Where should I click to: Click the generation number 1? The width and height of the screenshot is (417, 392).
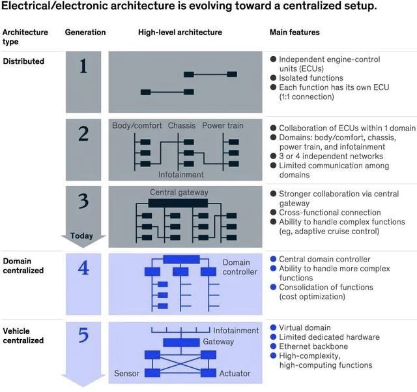pyautogui.click(x=83, y=67)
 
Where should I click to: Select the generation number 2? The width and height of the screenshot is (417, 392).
pyautogui.click(x=83, y=134)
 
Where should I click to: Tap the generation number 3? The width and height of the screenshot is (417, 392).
pyautogui.click(x=83, y=200)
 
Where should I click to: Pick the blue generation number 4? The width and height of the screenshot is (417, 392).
pyautogui.click(x=83, y=268)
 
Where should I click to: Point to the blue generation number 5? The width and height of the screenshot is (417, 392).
pyautogui.click(x=83, y=335)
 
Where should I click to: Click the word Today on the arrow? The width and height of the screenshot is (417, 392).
pyautogui.click(x=81, y=236)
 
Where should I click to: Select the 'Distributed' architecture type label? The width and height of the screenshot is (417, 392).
pyautogui.click(x=23, y=61)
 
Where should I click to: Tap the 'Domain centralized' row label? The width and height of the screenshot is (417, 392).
pyautogui.click(x=23, y=265)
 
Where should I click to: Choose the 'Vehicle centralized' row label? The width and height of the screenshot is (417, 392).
pyautogui.click(x=23, y=335)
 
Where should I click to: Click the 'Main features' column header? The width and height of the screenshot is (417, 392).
pyautogui.click(x=295, y=32)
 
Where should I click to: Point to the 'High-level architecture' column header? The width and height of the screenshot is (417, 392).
pyautogui.click(x=180, y=32)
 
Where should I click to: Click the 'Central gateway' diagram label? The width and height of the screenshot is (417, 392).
pyautogui.click(x=179, y=192)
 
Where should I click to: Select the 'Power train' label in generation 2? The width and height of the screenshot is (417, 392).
pyautogui.click(x=223, y=125)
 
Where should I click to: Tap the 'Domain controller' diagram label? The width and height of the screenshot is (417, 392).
pyautogui.click(x=240, y=267)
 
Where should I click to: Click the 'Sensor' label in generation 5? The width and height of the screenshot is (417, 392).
pyautogui.click(x=126, y=373)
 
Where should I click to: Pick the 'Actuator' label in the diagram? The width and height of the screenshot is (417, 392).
pyautogui.click(x=235, y=373)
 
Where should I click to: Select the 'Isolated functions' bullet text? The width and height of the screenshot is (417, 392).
pyautogui.click(x=310, y=78)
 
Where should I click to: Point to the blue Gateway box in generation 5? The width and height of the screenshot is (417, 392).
pyautogui.click(x=180, y=342)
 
